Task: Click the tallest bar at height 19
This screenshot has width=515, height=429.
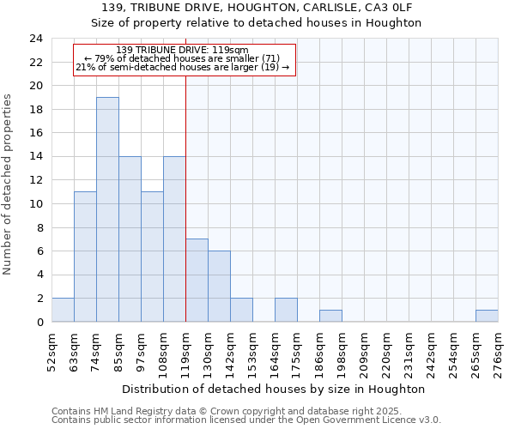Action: (107, 209)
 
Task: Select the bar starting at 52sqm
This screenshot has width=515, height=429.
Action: (63, 310)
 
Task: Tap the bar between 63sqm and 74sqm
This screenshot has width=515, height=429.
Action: (85, 257)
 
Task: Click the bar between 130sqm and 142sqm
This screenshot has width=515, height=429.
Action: (219, 287)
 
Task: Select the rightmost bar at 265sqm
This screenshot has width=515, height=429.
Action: (487, 316)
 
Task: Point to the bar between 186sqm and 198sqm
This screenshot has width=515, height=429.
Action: (330, 316)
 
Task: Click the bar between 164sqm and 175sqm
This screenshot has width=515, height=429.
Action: (286, 310)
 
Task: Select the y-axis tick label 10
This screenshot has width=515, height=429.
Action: (35, 204)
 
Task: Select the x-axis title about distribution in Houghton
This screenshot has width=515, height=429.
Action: (274, 389)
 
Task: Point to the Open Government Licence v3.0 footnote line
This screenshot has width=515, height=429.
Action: (246, 420)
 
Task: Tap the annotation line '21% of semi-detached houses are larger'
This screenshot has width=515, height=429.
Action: (182, 67)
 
